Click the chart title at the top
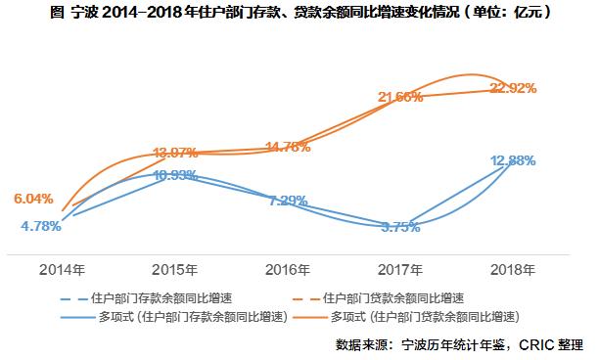coord(299,13)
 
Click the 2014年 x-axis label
coord(63,267)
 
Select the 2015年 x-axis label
coord(174,267)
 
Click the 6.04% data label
coord(34,198)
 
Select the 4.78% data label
coord(41,226)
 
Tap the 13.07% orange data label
coord(176,154)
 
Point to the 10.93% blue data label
coord(176,175)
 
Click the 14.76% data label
coord(288,147)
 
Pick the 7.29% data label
coord(288,200)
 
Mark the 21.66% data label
coord(399,96)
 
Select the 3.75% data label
coord(399,226)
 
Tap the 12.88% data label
coord(512,160)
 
